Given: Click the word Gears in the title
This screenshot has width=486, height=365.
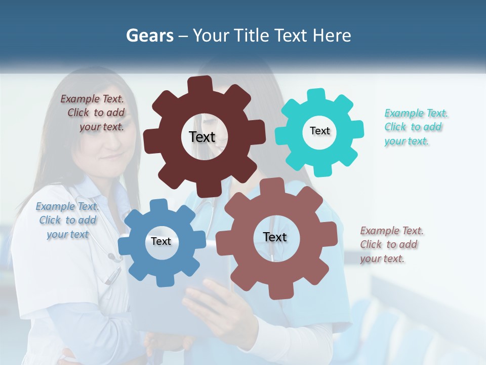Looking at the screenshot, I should [x=150, y=35].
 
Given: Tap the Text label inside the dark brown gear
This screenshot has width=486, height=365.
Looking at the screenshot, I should [x=202, y=137].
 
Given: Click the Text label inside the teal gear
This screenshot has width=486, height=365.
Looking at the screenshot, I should [x=319, y=131].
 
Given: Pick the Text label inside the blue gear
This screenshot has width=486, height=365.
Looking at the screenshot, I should [x=160, y=241].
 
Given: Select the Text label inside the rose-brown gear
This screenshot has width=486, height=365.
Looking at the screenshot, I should [x=275, y=237].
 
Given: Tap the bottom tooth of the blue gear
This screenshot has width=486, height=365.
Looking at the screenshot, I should [x=162, y=280].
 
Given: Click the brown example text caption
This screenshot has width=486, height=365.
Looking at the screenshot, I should [x=94, y=113].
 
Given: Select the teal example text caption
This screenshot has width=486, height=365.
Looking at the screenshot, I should [x=415, y=127].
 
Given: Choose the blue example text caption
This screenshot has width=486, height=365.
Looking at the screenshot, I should [x=67, y=220].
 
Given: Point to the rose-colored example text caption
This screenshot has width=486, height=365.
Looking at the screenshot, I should [x=391, y=244].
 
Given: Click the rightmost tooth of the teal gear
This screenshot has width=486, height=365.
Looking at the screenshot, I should [x=357, y=129].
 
